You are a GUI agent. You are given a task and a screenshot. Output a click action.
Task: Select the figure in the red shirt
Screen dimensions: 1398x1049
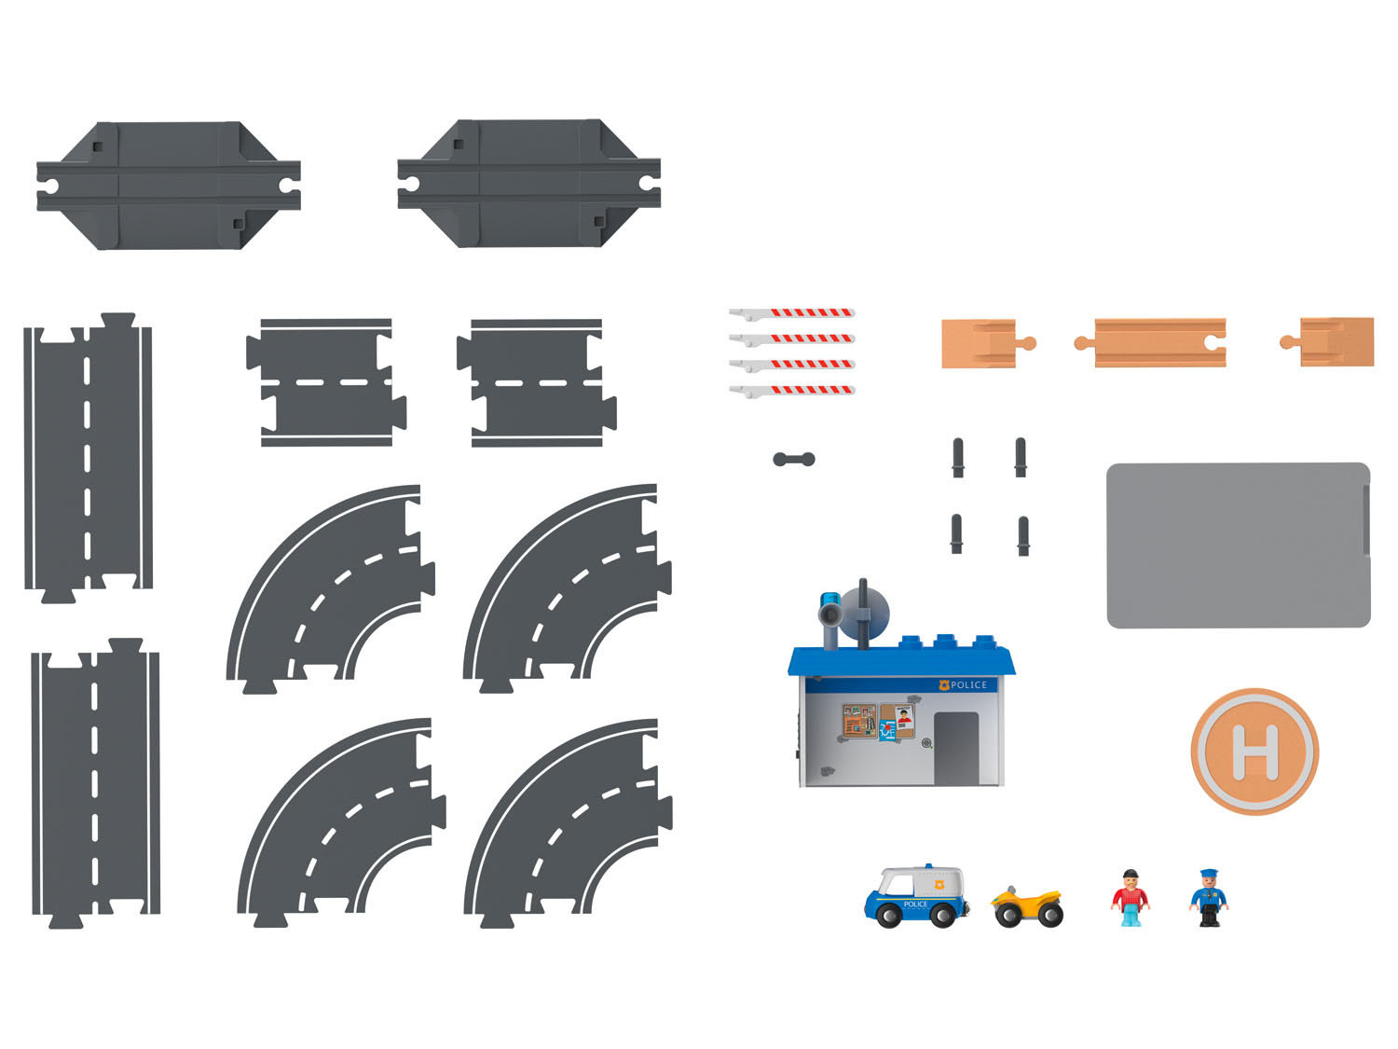1130,897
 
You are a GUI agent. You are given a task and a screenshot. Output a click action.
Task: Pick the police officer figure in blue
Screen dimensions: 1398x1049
1208,897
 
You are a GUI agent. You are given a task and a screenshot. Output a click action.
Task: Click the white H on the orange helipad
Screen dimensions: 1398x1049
1254,752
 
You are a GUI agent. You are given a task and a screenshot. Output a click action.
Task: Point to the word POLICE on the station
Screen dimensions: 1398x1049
968,684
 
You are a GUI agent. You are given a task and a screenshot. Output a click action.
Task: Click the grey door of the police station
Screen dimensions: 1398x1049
956,749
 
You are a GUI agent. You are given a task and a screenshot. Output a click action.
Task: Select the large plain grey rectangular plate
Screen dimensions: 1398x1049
1238,545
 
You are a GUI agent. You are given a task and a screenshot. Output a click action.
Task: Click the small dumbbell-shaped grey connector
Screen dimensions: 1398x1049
793,459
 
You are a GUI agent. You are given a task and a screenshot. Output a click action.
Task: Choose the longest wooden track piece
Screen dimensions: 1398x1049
1150,342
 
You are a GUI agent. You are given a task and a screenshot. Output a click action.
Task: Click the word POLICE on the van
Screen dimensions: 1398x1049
915,904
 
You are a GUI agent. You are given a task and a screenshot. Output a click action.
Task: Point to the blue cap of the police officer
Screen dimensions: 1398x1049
1209,874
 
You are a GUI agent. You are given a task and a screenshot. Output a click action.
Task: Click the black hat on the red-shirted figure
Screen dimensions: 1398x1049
1131,873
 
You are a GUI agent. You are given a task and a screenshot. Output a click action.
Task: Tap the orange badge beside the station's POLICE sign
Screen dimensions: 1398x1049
944,685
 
